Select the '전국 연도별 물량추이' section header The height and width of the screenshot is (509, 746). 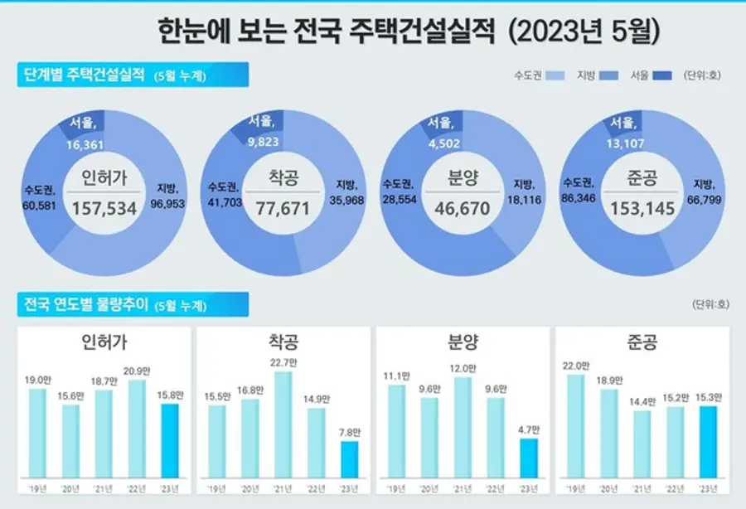click(82, 304)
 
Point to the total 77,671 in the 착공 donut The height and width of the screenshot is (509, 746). click(283, 208)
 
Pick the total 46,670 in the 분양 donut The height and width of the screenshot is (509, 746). click(462, 208)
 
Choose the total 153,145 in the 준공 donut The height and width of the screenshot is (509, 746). click(640, 208)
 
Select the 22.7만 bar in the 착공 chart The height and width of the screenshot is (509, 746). click(283, 424)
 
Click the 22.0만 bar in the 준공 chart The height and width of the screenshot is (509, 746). click(577, 426)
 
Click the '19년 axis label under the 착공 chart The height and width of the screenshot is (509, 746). click(217, 487)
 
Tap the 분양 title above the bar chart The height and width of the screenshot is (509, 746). click(462, 342)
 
